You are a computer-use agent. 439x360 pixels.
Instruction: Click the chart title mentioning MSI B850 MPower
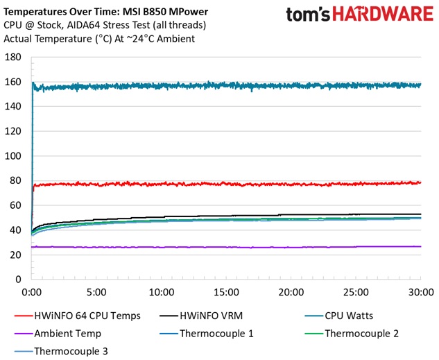click(106, 11)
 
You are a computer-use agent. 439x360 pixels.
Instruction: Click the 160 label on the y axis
click(13, 81)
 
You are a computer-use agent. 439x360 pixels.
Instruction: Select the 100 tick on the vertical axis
click(13, 155)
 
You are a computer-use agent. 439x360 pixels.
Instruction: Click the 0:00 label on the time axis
click(32, 291)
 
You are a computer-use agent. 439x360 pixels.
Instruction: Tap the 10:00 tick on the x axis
click(162, 291)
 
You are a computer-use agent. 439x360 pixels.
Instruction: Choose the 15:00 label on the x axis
click(227, 291)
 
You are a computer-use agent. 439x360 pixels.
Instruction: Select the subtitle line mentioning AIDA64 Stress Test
click(101, 25)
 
